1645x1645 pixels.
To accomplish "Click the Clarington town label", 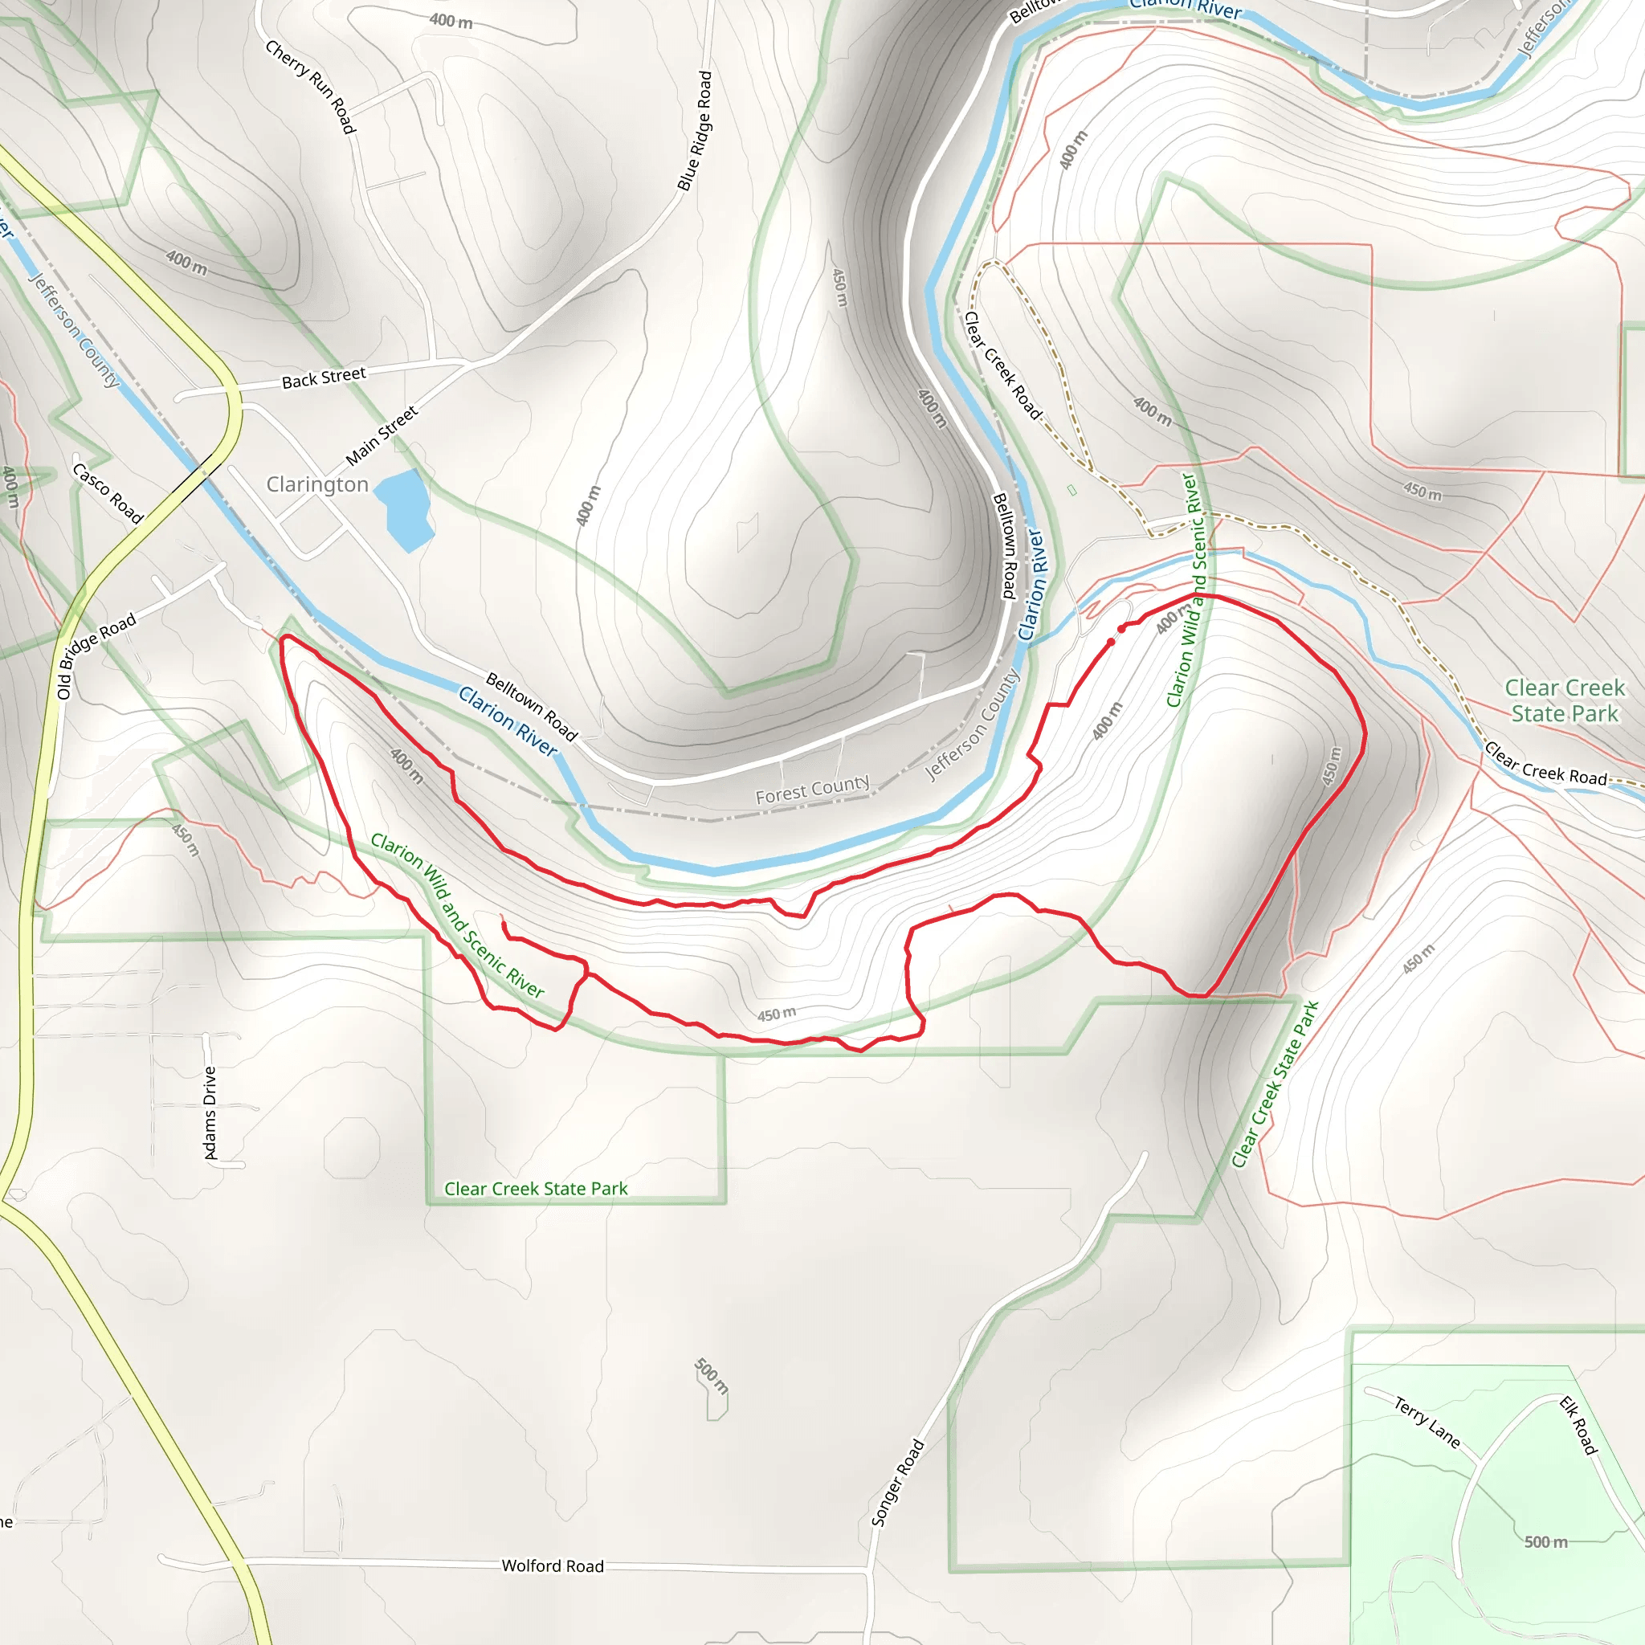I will pyautogui.click(x=316, y=484).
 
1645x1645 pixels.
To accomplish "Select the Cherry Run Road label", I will pyautogui.click(x=310, y=87).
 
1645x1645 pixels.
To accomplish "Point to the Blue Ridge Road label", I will pyautogui.click(x=695, y=130).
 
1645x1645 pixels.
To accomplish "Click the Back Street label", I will pyautogui.click(x=324, y=378).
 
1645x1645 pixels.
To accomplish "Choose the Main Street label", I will pyautogui.click(x=382, y=436).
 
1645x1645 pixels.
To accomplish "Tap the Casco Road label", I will pyautogui.click(x=108, y=493).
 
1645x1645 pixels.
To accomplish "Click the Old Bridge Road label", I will pyautogui.click(x=96, y=656).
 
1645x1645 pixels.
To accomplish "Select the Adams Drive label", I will pyautogui.click(x=210, y=1112).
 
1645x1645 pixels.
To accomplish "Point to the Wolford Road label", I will pyautogui.click(x=553, y=1565).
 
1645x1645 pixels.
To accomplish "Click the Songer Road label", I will pyautogui.click(x=897, y=1483).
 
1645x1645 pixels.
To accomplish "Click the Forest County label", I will pyautogui.click(x=812, y=790).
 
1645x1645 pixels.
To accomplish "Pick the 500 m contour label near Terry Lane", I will pyautogui.click(x=1545, y=1542).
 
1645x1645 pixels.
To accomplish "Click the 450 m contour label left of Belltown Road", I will pyautogui.click(x=839, y=288).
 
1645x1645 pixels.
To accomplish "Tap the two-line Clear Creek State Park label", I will pyautogui.click(x=1564, y=700).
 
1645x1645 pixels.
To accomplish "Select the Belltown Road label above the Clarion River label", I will pyautogui.click(x=531, y=706).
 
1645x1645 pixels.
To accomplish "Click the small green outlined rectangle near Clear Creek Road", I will pyautogui.click(x=1072, y=491).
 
